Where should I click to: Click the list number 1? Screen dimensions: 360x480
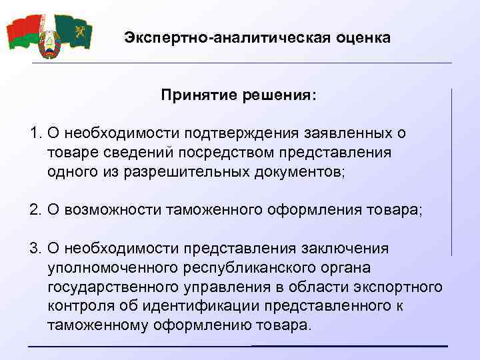coord(35,133)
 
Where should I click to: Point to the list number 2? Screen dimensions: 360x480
coord(35,210)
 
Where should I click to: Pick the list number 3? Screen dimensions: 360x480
coord(35,249)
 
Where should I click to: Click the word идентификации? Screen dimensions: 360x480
coord(199,307)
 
